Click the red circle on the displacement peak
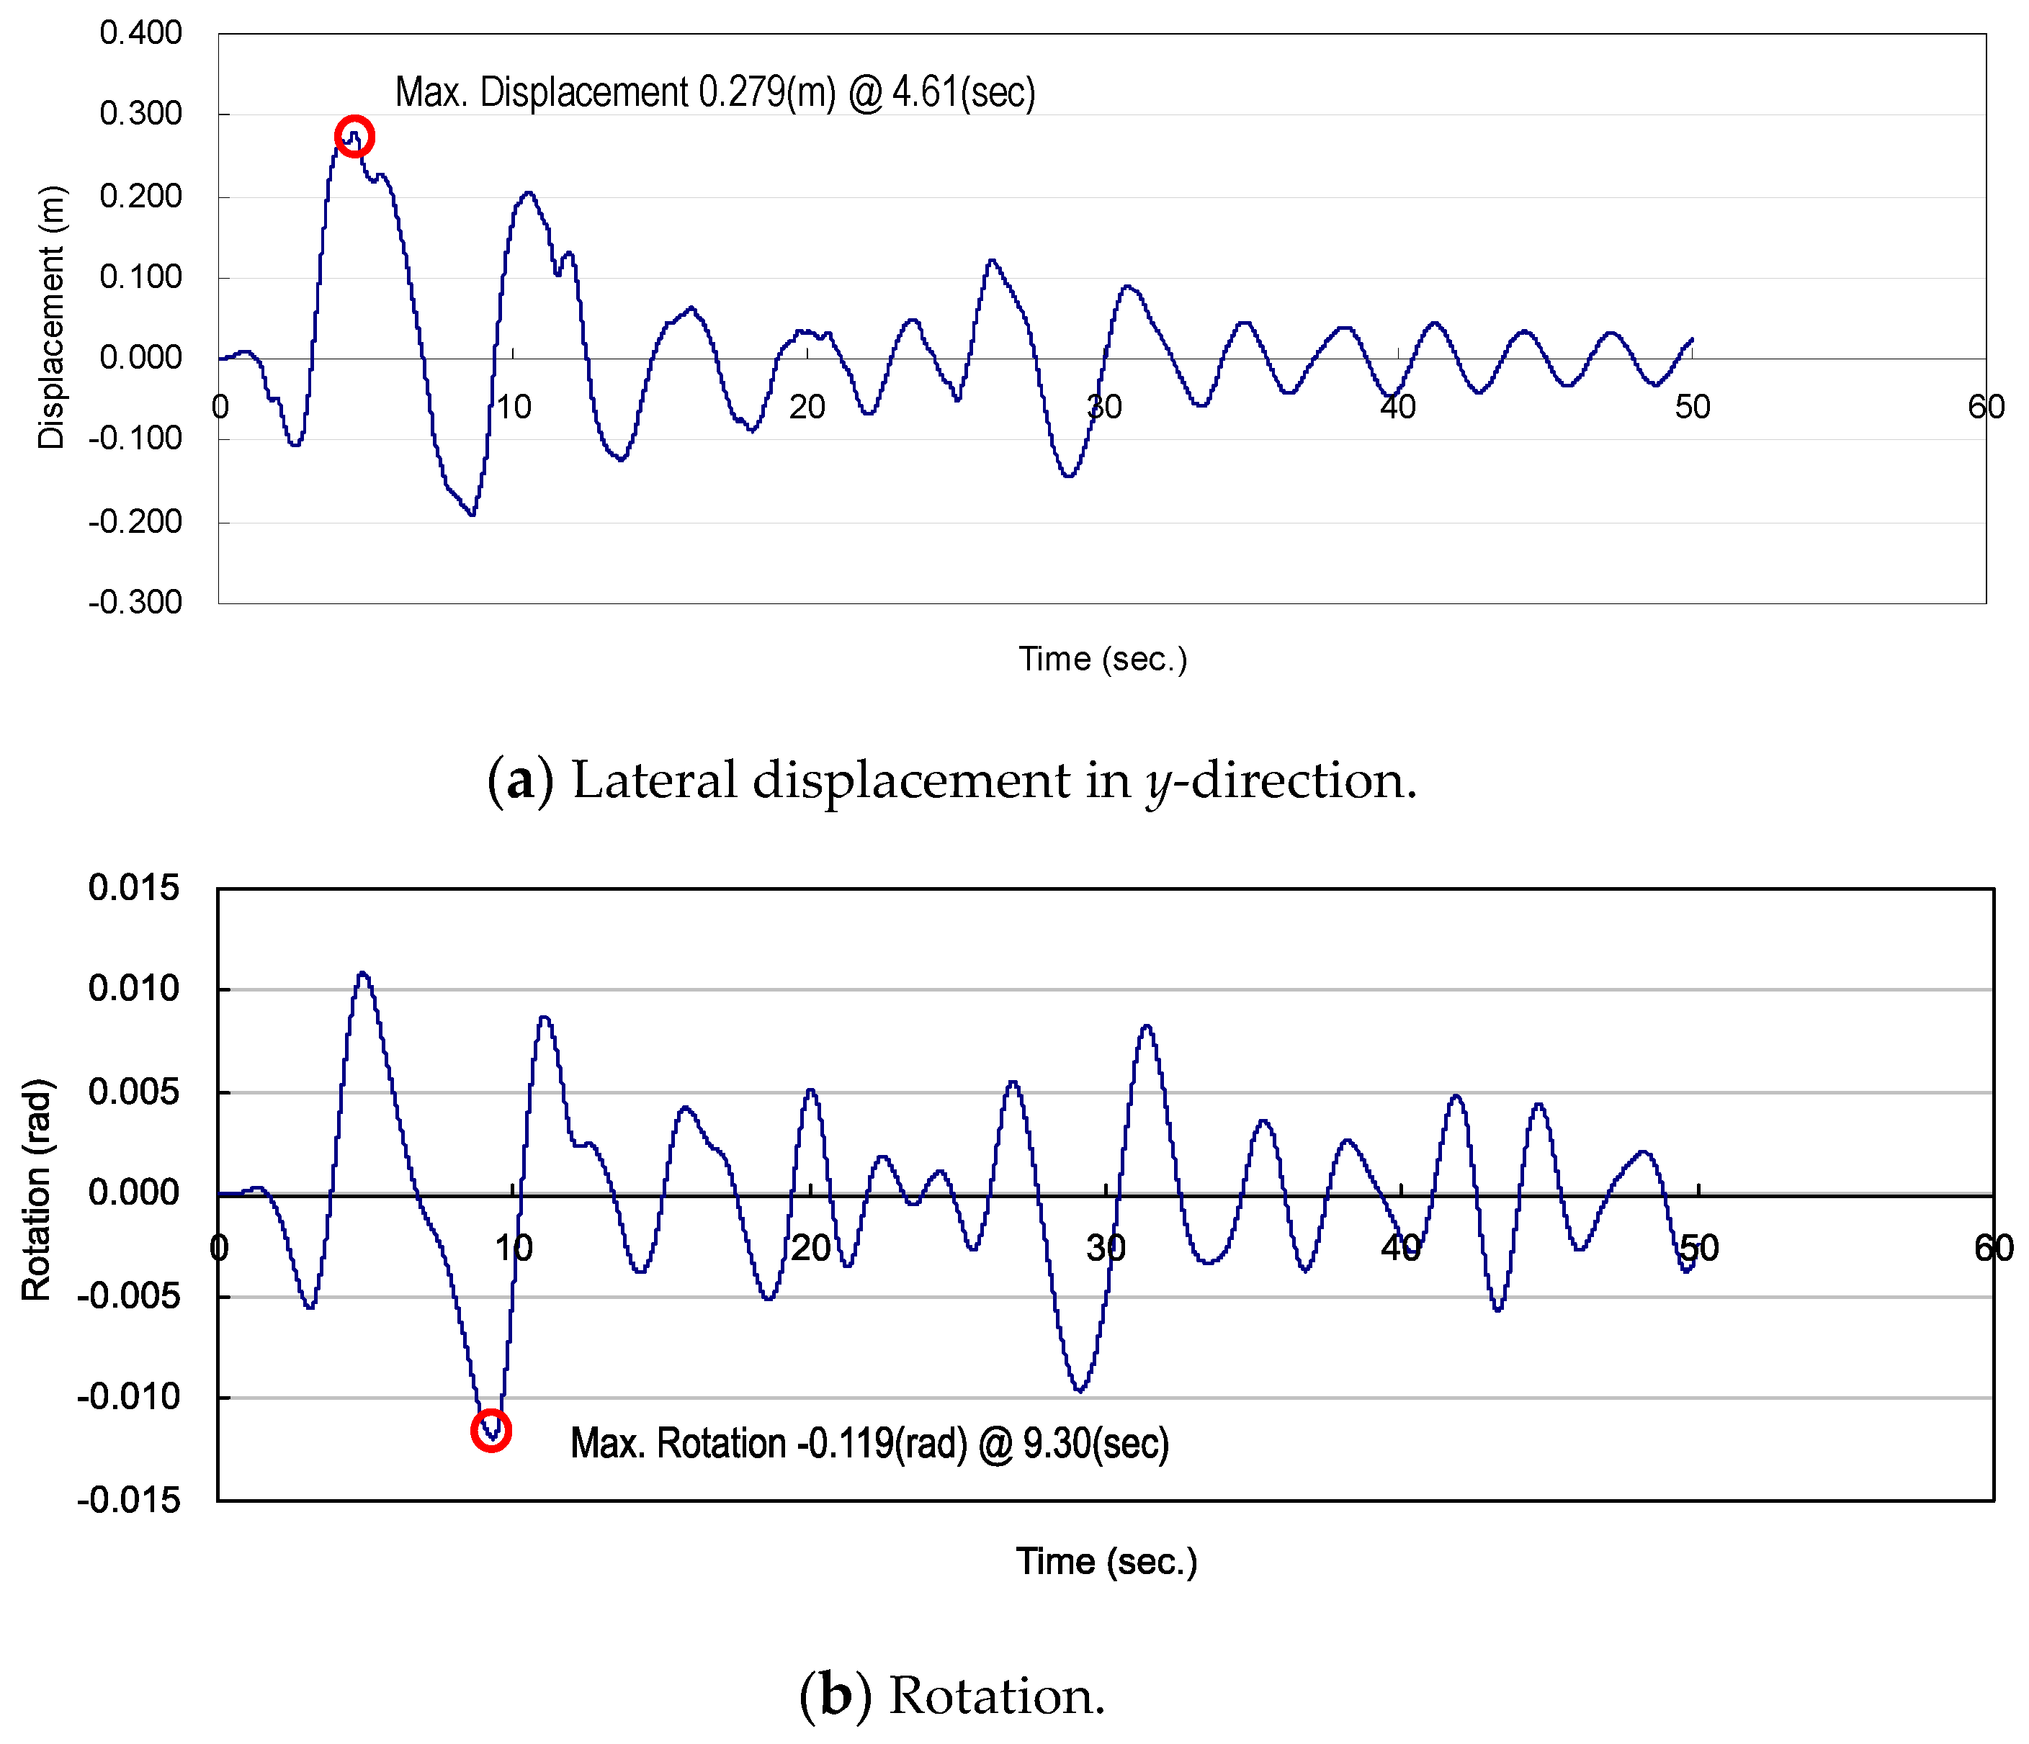coord(354,136)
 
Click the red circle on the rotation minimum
coord(491,1431)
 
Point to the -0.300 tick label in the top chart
coord(135,602)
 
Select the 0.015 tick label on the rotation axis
coord(134,888)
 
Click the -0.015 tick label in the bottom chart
coord(129,1500)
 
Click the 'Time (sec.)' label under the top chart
coord(1103,659)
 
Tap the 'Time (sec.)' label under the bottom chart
coord(1106,1561)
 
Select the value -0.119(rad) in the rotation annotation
coord(882,1444)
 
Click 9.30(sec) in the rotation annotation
coord(1096,1444)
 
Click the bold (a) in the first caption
coord(520,781)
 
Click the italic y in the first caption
coord(1158,784)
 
